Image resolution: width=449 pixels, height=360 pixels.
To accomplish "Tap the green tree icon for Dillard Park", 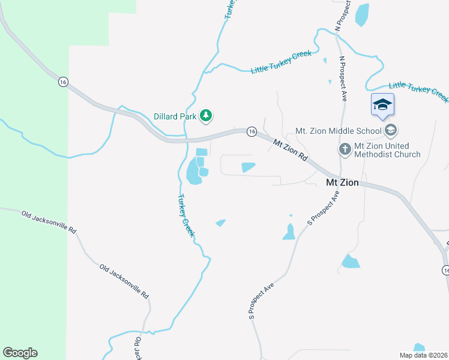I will (x=206, y=114).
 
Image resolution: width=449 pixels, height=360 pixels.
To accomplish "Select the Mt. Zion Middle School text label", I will (x=339, y=131).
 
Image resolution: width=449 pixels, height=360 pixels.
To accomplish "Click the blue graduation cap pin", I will (x=382, y=104).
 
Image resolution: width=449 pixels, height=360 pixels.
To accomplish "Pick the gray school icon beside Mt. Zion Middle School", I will (x=391, y=130).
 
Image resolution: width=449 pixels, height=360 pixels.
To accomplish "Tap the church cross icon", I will (x=345, y=149).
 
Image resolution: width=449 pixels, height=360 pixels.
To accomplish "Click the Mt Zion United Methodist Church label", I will (x=387, y=150).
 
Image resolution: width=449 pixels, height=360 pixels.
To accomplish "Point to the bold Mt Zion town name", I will (x=342, y=182).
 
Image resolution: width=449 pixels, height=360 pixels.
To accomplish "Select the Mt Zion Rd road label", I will (x=290, y=151).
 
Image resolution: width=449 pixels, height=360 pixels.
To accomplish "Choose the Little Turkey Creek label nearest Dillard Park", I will (x=281, y=62).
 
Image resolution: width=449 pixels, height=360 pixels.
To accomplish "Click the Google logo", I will (x=20, y=353).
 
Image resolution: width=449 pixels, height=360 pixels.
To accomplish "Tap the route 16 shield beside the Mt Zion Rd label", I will (x=252, y=131).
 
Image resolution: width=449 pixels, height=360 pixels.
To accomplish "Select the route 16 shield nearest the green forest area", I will (x=62, y=82).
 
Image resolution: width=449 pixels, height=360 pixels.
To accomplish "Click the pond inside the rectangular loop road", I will (x=248, y=167).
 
